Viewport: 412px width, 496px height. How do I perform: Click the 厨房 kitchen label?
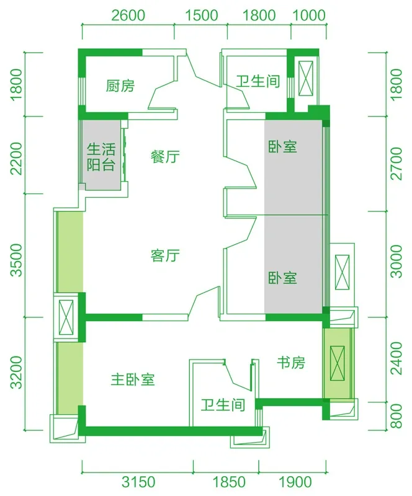pyautogui.click(x=120, y=86)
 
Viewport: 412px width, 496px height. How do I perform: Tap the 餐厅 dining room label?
pyautogui.click(x=165, y=157)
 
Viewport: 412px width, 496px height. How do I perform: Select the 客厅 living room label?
pyautogui.click(x=165, y=255)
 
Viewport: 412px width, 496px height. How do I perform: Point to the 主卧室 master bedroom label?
pyautogui.click(x=133, y=379)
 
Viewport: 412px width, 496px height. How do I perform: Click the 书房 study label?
pyautogui.click(x=291, y=363)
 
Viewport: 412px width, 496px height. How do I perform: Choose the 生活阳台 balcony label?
pyautogui.click(x=101, y=157)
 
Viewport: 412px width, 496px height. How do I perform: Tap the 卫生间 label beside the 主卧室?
pyautogui.click(x=223, y=405)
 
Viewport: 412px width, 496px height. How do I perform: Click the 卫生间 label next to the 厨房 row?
pyautogui.click(x=258, y=81)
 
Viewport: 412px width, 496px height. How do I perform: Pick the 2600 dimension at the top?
pyautogui.click(x=128, y=15)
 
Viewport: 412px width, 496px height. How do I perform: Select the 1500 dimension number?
pyautogui.click(x=202, y=15)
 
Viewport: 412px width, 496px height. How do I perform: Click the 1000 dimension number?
pyautogui.click(x=309, y=15)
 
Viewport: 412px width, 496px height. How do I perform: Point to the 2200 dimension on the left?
pyautogui.click(x=17, y=159)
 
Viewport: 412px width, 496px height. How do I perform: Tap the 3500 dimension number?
pyautogui.click(x=17, y=260)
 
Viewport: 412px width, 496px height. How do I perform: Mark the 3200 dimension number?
pyautogui.click(x=17, y=373)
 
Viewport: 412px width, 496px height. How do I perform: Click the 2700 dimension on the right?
pyautogui.click(x=396, y=163)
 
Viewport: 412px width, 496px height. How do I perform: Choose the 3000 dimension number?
pyautogui.click(x=396, y=261)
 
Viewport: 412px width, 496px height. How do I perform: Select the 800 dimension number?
pyautogui.click(x=396, y=415)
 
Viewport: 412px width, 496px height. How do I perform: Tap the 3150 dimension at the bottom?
pyautogui.click(x=138, y=482)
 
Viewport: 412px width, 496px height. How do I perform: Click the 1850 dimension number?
pyautogui.click(x=228, y=482)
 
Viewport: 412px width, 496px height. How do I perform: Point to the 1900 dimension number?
pyautogui.click(x=295, y=482)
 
